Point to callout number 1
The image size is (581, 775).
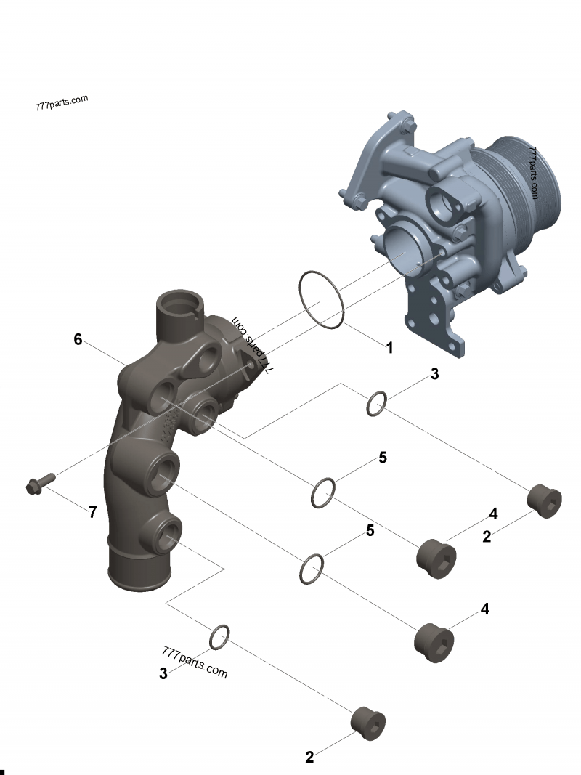pos(389,348)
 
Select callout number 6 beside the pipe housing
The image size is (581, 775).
pos(78,338)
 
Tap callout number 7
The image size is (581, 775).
pos(93,512)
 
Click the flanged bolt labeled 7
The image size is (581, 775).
pos(40,484)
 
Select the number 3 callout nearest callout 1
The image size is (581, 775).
pos(434,374)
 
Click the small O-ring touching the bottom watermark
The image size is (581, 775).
pos(220,637)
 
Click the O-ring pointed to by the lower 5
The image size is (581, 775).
pos(312,569)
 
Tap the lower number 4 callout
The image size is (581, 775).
pos(484,609)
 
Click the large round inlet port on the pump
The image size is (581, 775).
pos(404,248)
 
